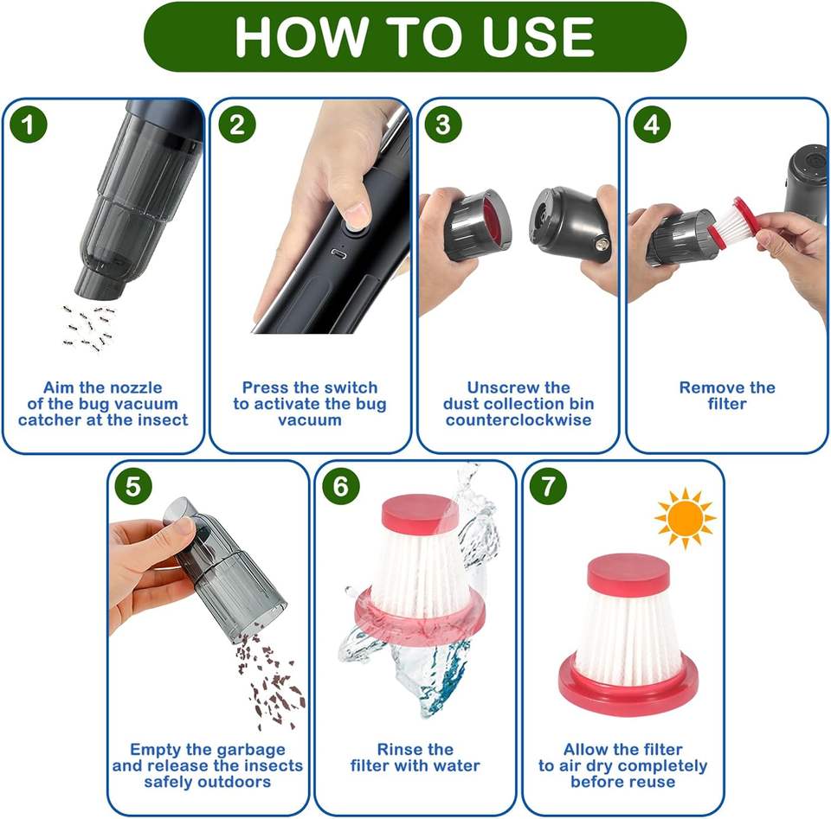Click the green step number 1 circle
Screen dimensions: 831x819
tap(29, 125)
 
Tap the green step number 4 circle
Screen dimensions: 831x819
tap(652, 125)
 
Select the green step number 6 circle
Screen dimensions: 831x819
tap(341, 486)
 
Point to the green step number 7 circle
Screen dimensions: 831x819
tap(548, 486)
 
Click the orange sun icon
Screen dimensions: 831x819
tap(686, 518)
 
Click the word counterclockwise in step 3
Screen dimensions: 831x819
tap(519, 419)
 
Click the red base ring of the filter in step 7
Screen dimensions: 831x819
tap(628, 689)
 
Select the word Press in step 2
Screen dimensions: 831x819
tap(263, 387)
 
